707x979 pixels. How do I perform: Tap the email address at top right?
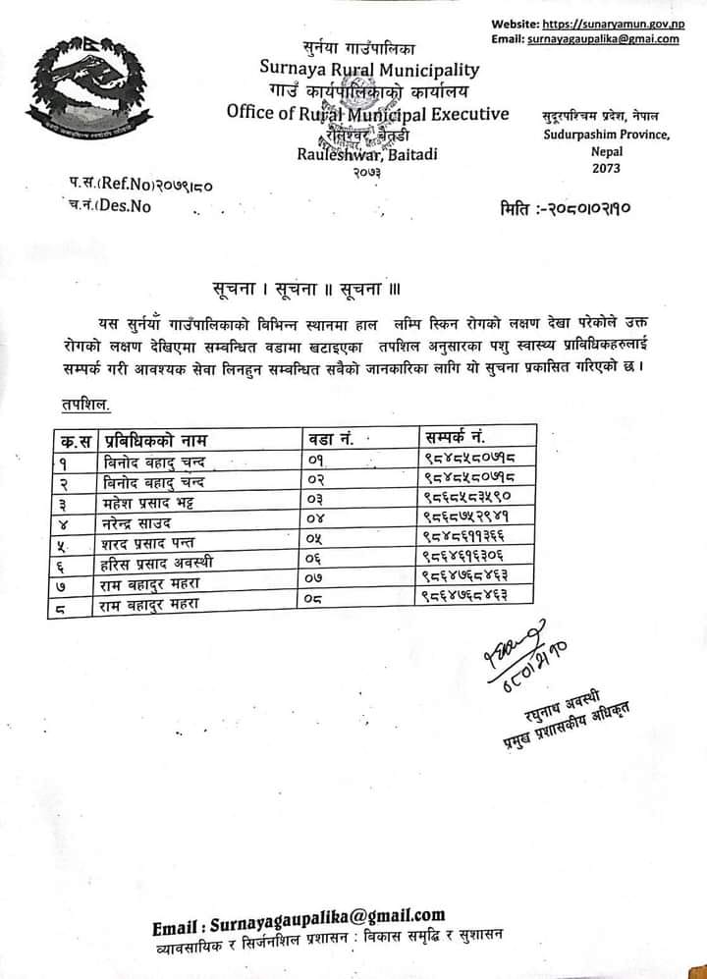pyautogui.click(x=603, y=38)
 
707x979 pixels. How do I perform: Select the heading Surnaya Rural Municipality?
pyautogui.click(x=369, y=69)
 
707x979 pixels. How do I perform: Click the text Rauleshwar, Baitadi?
pyautogui.click(x=368, y=154)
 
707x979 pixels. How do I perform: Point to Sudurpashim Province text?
pyautogui.click(x=606, y=136)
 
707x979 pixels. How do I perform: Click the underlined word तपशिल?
pyautogui.click(x=79, y=404)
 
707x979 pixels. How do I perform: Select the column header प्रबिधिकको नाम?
pyautogui.click(x=157, y=438)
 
